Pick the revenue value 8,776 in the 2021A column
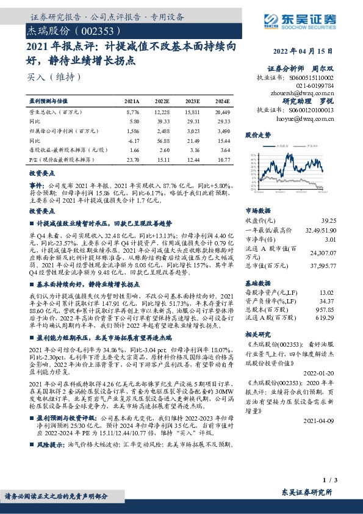(x=132, y=112)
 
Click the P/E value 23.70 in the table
(x=132, y=159)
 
